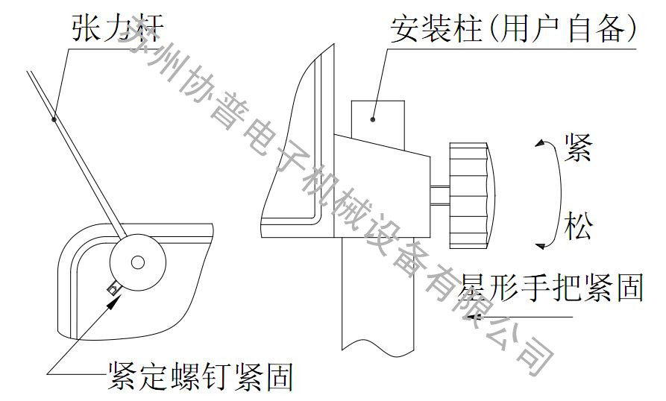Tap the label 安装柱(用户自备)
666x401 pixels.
pyautogui.click(x=513, y=28)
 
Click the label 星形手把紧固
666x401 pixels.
pyautogui.click(x=553, y=288)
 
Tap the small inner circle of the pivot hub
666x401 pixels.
pyautogui.click(x=137, y=262)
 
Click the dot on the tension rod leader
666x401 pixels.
pyautogui.click(x=54, y=117)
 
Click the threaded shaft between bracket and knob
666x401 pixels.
pyautogui.click(x=440, y=195)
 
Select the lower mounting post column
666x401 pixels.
pyautogui.click(x=377, y=298)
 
